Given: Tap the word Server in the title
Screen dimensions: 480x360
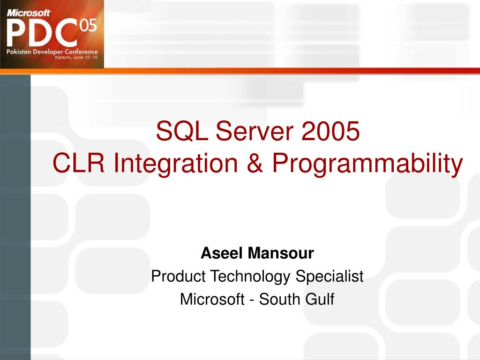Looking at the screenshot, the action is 255,131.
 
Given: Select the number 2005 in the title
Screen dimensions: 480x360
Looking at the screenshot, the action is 330,131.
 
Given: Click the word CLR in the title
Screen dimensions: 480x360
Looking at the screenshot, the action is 79,163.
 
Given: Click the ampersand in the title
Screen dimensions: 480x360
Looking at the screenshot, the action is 255,163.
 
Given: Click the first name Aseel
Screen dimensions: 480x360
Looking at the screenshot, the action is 222,253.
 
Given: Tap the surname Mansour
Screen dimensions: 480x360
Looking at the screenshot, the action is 281,253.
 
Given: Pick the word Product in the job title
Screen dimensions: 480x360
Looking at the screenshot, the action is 178,276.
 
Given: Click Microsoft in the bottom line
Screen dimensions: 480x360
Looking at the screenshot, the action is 212,299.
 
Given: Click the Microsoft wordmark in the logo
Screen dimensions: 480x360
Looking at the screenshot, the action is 29,13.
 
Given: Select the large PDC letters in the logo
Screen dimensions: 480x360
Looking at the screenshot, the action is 42,32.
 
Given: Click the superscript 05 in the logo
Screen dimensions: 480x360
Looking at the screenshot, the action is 89,25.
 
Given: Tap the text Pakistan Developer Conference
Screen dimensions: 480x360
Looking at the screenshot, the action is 52,52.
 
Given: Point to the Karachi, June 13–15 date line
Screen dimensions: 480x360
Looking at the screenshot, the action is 76,57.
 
